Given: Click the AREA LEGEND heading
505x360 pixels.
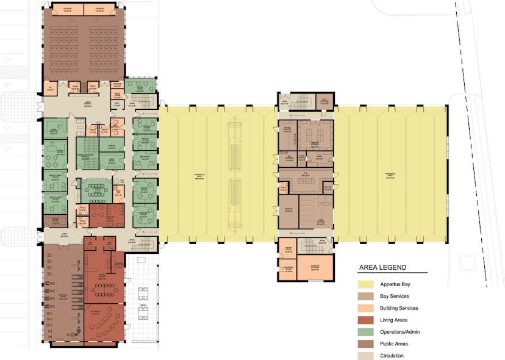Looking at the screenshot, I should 382,267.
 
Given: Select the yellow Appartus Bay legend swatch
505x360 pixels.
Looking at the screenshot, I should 368,284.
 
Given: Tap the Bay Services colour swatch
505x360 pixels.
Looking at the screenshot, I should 368,296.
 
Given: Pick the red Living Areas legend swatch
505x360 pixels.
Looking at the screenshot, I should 368,320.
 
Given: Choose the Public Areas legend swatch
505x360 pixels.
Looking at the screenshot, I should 368,344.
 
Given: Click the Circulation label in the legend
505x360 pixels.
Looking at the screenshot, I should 395,356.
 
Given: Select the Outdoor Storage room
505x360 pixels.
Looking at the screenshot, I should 315,267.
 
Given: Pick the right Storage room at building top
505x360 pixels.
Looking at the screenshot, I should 99,10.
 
